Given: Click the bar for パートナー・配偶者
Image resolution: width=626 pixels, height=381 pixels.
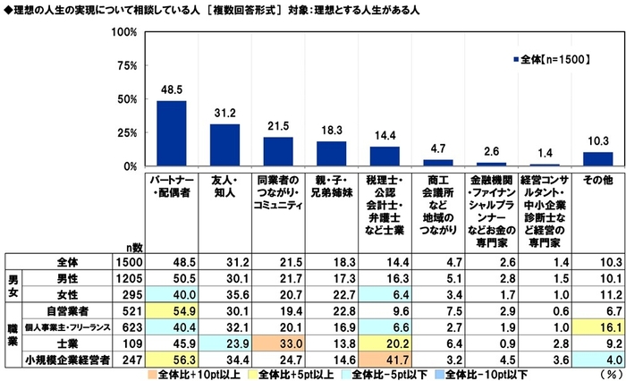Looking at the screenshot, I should (172, 133).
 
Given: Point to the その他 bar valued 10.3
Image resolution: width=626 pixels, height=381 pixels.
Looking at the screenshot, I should (597, 159).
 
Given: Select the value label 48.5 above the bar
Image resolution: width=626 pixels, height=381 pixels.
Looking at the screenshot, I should (172, 91).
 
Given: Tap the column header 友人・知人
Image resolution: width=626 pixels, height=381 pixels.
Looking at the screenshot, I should (224, 187).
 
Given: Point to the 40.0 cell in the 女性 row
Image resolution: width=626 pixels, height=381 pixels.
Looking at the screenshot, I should (172, 295).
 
